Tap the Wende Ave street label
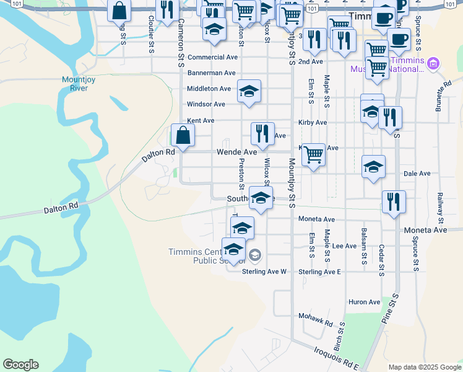pos(236,152)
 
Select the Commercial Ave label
pos(212,57)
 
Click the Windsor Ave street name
pos(206,104)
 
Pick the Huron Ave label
pos(365,302)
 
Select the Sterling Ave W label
pos(264,272)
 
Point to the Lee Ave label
pos(345,246)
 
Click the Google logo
pos(20,365)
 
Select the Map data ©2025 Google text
pos(425,367)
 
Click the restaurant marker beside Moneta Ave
pos(394,201)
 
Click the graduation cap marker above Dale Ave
pos(374,167)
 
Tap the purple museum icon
pos(433,63)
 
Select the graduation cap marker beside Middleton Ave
pos(249,91)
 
